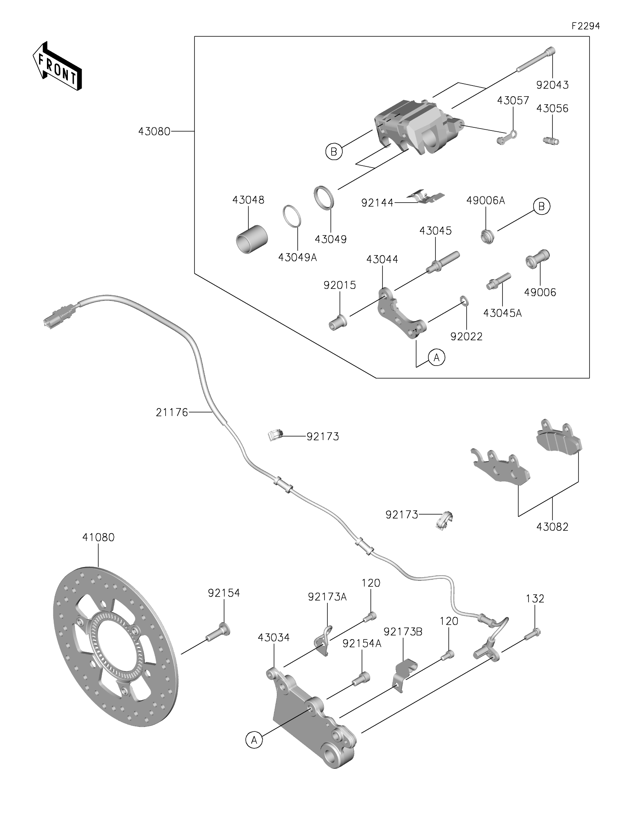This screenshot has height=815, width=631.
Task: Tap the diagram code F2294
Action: point(586,26)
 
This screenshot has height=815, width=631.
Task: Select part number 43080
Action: point(154,131)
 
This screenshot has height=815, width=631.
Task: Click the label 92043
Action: point(552,85)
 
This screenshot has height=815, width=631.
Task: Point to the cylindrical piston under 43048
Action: point(252,237)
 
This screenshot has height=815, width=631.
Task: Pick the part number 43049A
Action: point(297,257)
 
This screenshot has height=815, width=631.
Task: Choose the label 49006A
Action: point(485,201)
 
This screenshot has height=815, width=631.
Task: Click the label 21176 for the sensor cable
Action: point(172,413)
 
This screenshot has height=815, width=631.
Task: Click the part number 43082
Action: point(552,527)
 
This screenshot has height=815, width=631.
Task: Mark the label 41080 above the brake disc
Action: point(98,537)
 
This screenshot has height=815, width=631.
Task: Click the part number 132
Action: point(535,599)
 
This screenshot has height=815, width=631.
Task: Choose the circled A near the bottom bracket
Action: point(254,740)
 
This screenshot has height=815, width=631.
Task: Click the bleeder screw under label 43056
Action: point(551,140)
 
